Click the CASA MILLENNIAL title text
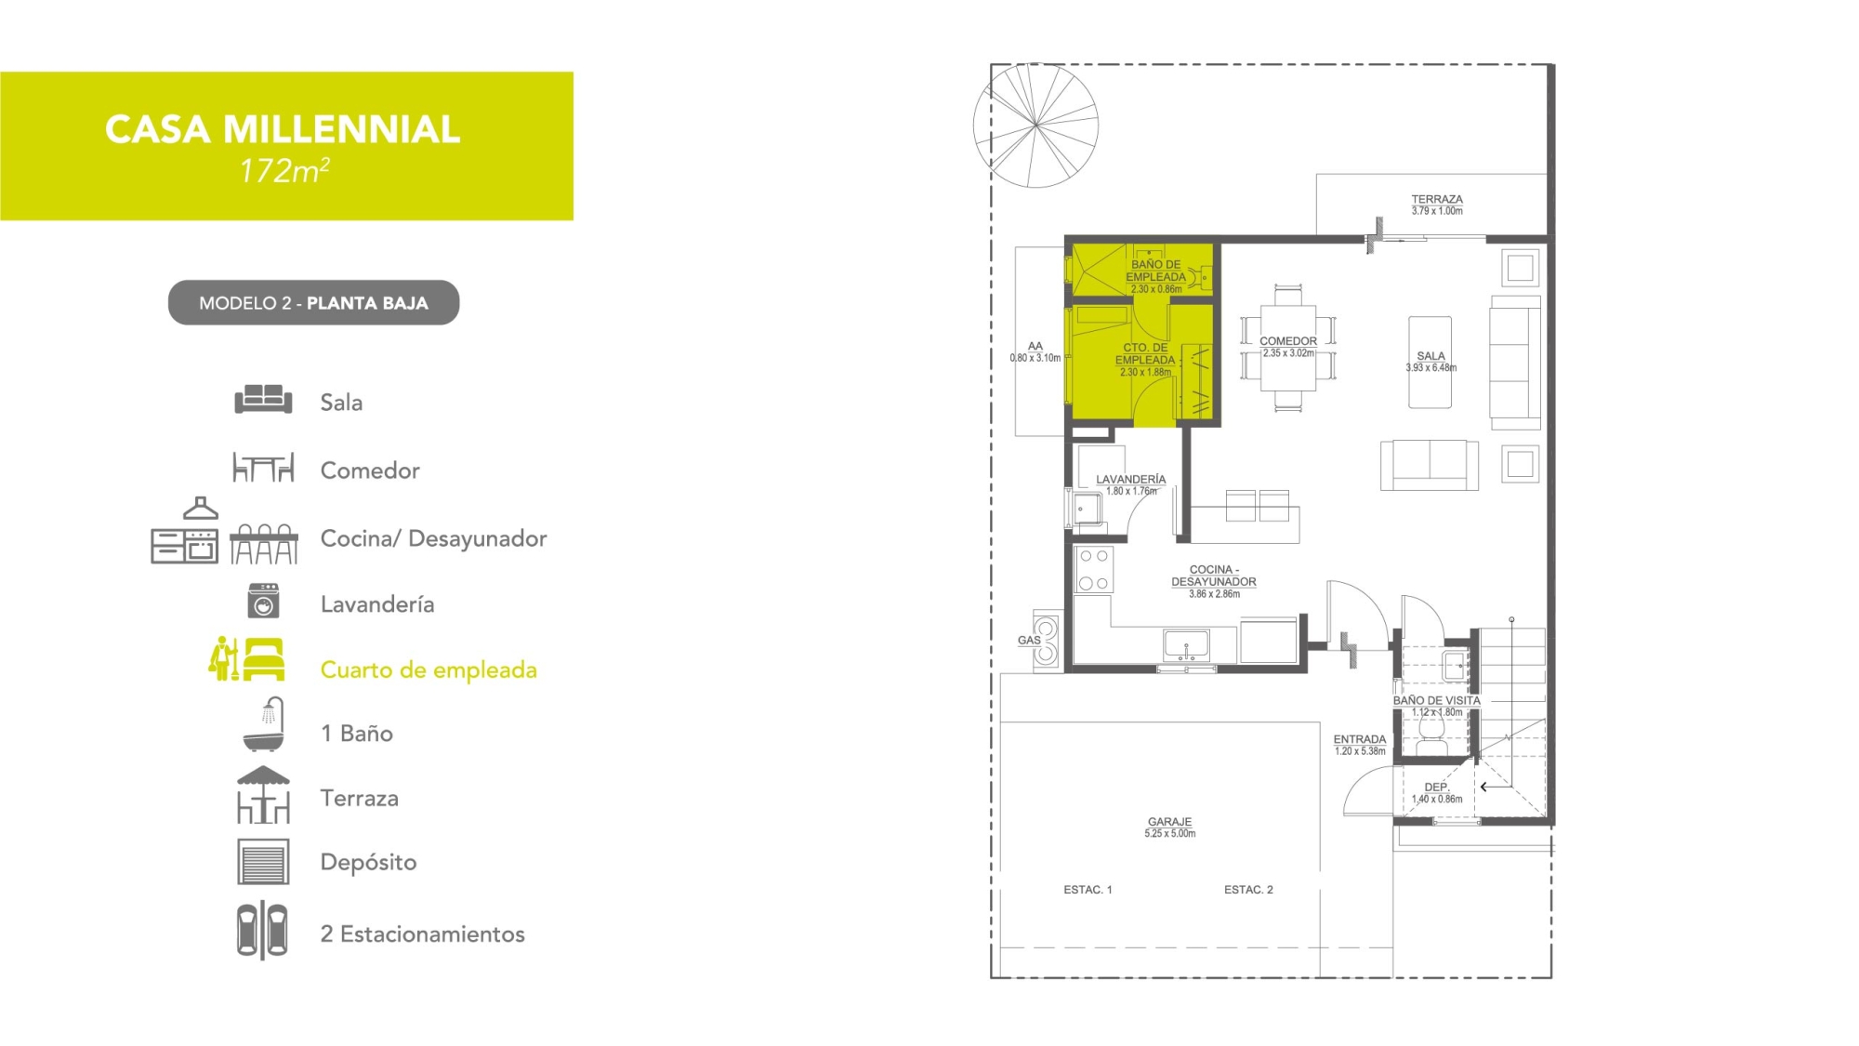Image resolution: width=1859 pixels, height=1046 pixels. click(283, 129)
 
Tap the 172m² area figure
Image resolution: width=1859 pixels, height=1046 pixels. click(284, 171)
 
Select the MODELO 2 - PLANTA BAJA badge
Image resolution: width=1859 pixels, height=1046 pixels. click(313, 303)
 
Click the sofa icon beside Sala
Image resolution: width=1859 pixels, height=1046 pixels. click(263, 400)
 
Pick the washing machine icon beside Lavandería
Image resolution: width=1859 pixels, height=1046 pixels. click(263, 602)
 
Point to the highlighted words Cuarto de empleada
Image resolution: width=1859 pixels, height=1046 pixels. click(428, 670)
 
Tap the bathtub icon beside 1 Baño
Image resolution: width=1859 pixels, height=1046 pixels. click(264, 724)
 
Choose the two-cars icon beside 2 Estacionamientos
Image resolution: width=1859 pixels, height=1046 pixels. click(262, 931)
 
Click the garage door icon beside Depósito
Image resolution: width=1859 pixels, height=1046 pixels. click(263, 862)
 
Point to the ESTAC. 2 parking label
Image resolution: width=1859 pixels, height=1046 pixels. click(1248, 890)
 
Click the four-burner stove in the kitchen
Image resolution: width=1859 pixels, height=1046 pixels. click(1094, 570)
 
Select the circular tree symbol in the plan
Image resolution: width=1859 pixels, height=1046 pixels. click(1035, 126)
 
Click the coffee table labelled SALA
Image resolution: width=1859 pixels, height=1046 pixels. click(1430, 363)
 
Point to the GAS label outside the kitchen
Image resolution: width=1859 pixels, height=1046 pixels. click(1029, 641)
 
